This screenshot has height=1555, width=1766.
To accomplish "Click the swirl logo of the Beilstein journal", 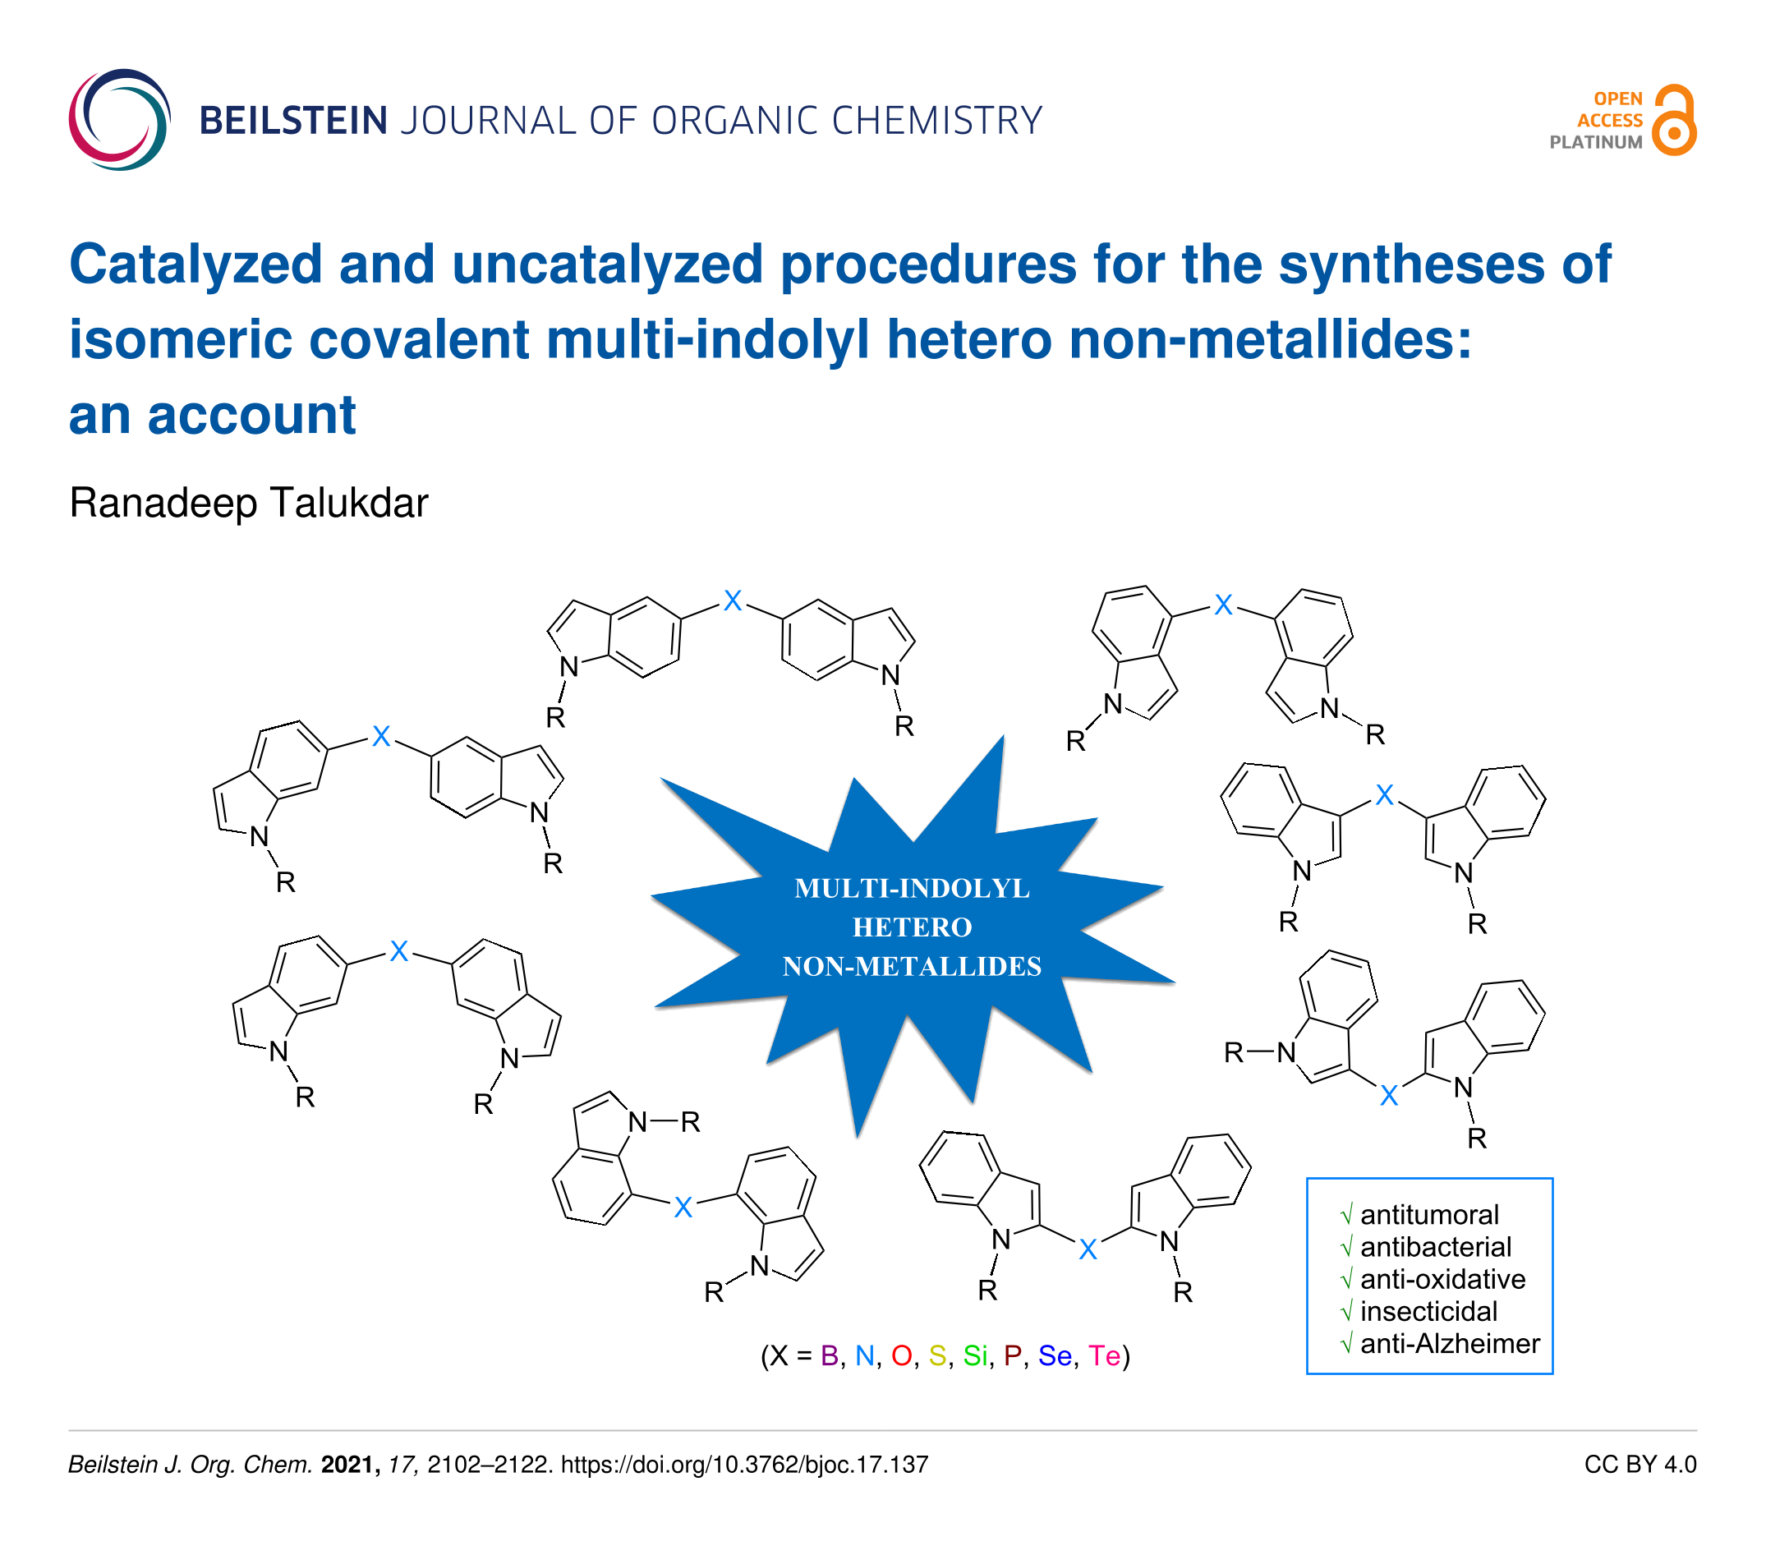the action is [x=119, y=119].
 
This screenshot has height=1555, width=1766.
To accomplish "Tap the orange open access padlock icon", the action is [x=1675, y=119].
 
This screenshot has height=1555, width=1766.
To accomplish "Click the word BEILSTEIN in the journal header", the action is [x=293, y=120].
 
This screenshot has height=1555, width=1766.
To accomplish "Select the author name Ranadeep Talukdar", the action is [x=249, y=503].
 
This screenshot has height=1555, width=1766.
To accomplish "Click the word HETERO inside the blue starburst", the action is [x=913, y=927].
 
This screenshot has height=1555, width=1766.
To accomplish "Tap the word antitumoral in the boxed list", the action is [x=1429, y=1215].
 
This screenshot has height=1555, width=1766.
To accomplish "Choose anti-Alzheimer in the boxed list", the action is [x=1450, y=1343].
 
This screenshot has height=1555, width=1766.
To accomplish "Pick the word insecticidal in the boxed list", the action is [x=1429, y=1311].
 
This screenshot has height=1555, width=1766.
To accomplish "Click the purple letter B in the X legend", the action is [x=830, y=1355].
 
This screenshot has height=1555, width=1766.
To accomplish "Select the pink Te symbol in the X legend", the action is [x=1104, y=1355].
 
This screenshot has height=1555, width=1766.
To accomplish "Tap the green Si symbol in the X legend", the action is [x=976, y=1355].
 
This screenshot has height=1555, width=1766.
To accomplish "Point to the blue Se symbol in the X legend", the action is [x=1055, y=1355].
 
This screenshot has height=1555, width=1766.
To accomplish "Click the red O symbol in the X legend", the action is [x=902, y=1355].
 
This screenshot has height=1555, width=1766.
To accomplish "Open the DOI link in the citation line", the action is [x=745, y=1465].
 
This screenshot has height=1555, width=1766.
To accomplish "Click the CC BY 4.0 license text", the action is [x=1640, y=1465].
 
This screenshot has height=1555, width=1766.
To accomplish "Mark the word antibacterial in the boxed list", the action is [x=1436, y=1247].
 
